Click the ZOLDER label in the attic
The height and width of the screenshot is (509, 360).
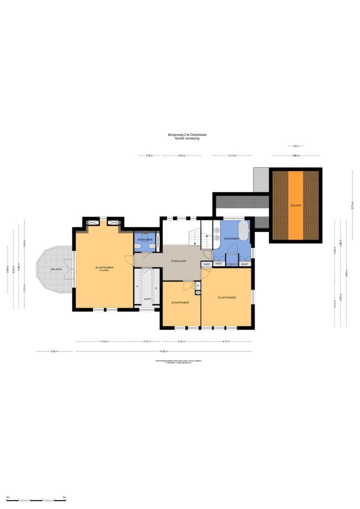295,205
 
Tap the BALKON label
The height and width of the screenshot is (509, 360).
57,269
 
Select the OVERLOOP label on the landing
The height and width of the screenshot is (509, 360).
179,261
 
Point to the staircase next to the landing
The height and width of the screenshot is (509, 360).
195,237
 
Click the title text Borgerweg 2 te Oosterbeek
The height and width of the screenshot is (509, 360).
187,135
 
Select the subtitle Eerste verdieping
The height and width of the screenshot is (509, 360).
187,139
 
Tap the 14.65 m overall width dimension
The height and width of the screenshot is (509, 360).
163,351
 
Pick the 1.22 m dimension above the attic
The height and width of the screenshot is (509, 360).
295,146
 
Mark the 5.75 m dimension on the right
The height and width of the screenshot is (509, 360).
352,205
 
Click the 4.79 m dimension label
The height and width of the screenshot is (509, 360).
104,342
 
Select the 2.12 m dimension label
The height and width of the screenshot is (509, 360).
147,342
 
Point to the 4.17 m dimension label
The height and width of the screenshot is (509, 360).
226,342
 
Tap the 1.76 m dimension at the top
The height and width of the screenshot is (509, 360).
149,155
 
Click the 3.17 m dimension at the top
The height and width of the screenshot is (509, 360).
232,155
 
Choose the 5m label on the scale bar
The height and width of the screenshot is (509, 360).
64,497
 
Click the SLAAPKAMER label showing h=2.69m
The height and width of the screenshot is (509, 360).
104,268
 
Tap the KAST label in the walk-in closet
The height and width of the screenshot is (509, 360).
147,299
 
